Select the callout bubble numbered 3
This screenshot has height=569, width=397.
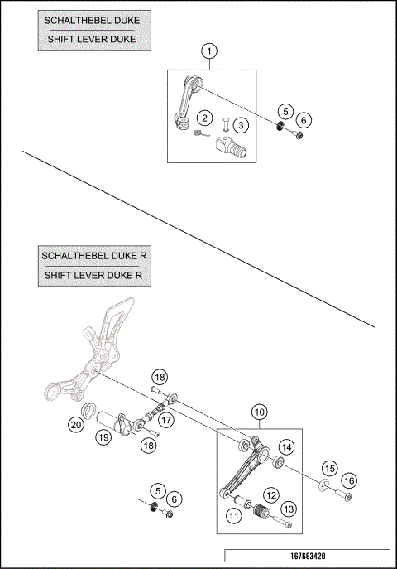241,125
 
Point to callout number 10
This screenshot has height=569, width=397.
260,411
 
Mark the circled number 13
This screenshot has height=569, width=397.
289,509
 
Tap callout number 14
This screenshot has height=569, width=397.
286,446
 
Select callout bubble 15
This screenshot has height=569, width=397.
329,468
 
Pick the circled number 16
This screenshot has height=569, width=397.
349,480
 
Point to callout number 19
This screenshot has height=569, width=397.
103,436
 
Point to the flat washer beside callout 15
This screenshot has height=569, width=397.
325,484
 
